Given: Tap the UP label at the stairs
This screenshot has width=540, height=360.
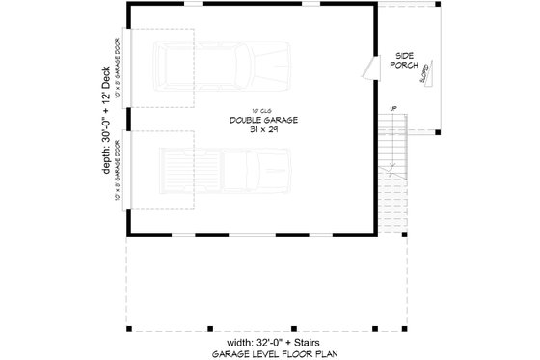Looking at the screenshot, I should click(391, 108).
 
